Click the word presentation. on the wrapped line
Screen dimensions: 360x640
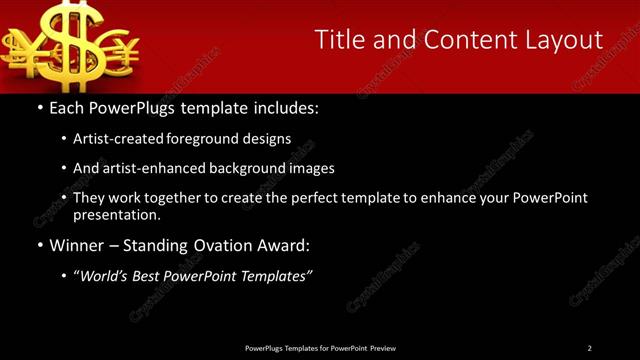[x=116, y=214]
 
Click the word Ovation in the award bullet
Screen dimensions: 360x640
[x=222, y=245]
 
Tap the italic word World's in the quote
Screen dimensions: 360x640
[x=104, y=276]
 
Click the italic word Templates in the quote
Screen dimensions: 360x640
[x=275, y=276]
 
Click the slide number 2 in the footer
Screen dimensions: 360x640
[x=590, y=348]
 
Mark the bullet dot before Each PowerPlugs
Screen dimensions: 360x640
[x=38, y=107]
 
